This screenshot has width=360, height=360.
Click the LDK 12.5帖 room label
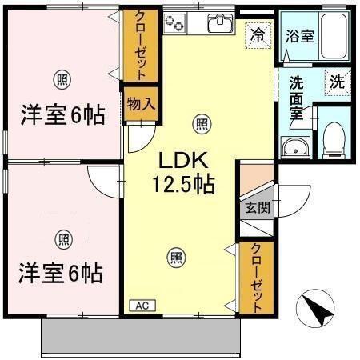coord(183,172)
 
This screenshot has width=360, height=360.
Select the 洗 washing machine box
coord(338,80)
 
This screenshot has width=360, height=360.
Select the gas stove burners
coord(175,25)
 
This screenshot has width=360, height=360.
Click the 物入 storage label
coord(140,103)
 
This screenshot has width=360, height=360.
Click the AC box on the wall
coord(141,306)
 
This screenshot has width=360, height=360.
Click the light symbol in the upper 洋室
coord(61,78)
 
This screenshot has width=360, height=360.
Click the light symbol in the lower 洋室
coord(62,237)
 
